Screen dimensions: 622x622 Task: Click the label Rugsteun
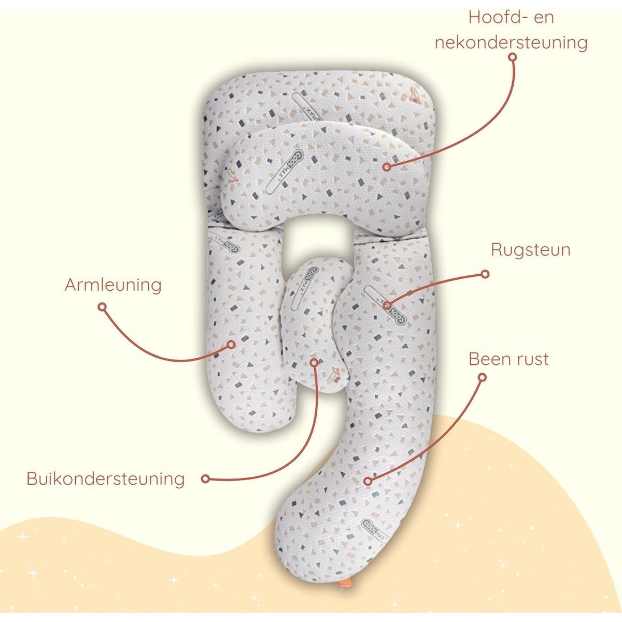[x=530, y=250]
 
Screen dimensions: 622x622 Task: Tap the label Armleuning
[x=113, y=285]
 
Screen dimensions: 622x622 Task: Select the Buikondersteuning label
[x=105, y=478]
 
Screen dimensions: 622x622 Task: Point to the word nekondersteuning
[x=511, y=43]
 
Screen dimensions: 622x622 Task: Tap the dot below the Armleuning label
[x=102, y=307]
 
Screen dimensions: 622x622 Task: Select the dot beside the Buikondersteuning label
[x=205, y=479]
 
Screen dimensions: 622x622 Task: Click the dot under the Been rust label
[x=482, y=377]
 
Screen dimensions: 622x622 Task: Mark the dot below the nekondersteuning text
[x=513, y=58]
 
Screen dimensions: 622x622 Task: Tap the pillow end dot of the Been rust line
[x=368, y=481]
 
